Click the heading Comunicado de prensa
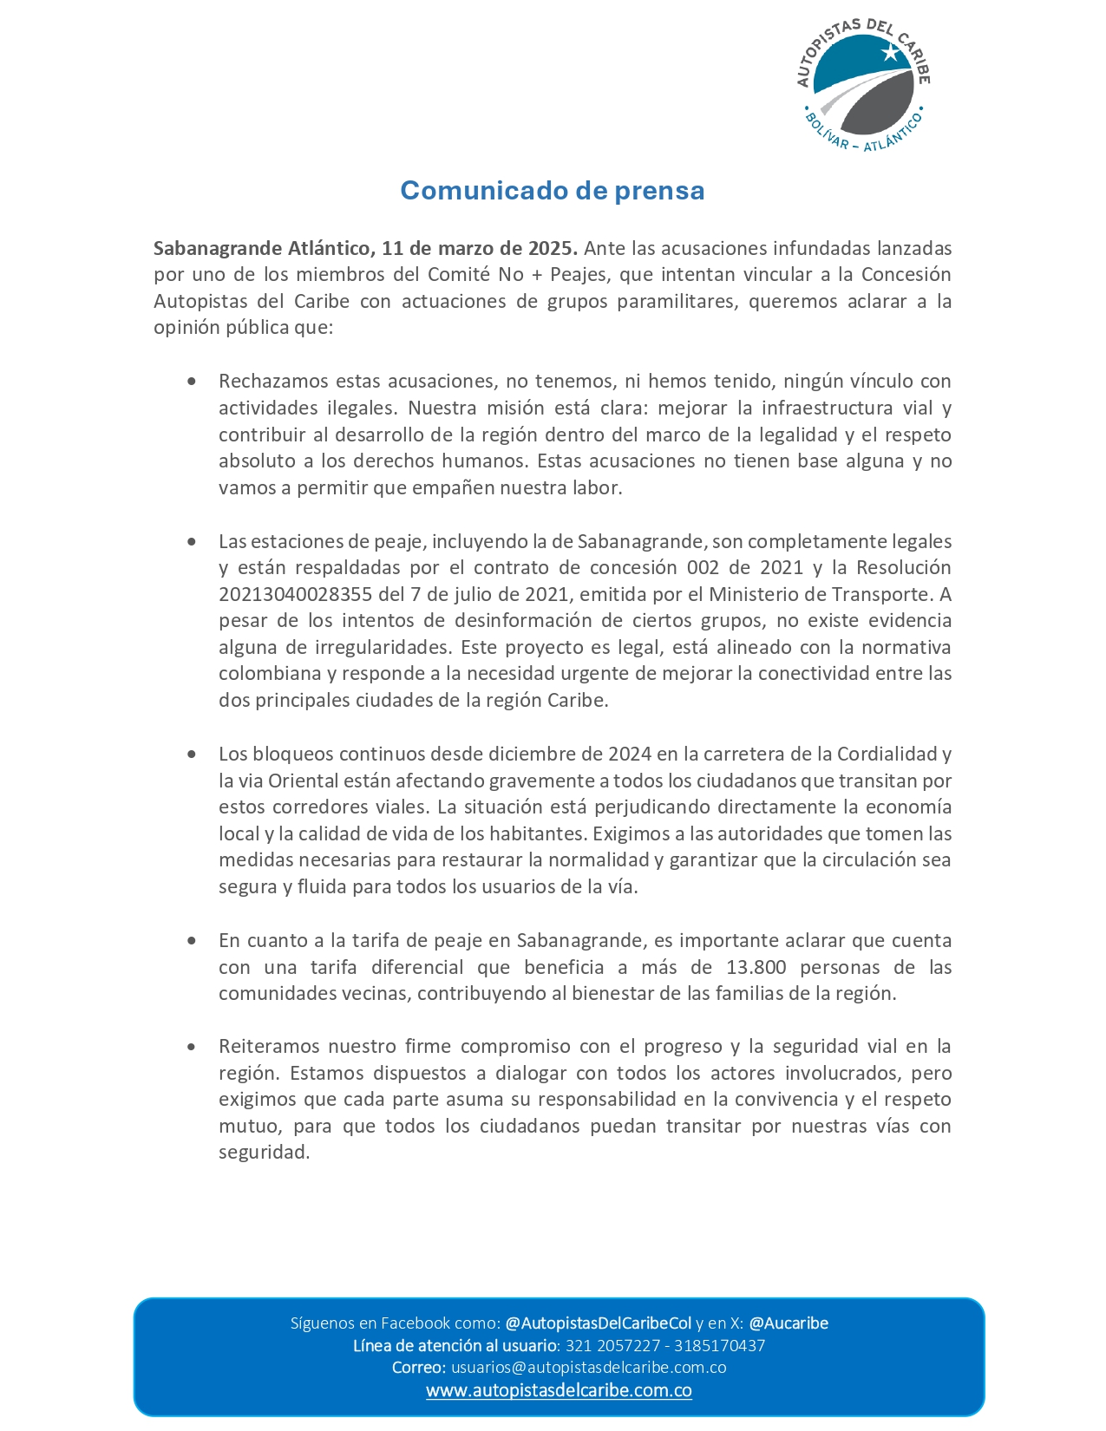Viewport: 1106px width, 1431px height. [x=552, y=191]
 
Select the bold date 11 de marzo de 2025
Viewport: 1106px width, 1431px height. [x=479, y=248]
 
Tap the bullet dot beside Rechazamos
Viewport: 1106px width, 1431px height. [x=192, y=382]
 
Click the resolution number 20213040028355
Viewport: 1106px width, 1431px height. [x=296, y=594]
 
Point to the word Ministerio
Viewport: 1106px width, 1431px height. [x=752, y=594]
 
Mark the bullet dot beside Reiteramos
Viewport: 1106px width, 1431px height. [x=192, y=1047]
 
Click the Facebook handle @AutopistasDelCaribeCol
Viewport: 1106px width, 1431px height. [x=598, y=1323]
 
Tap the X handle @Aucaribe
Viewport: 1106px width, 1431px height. [x=788, y=1323]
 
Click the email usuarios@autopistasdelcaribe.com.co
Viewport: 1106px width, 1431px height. [x=588, y=1368]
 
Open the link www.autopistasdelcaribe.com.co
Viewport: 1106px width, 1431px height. [x=559, y=1391]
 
